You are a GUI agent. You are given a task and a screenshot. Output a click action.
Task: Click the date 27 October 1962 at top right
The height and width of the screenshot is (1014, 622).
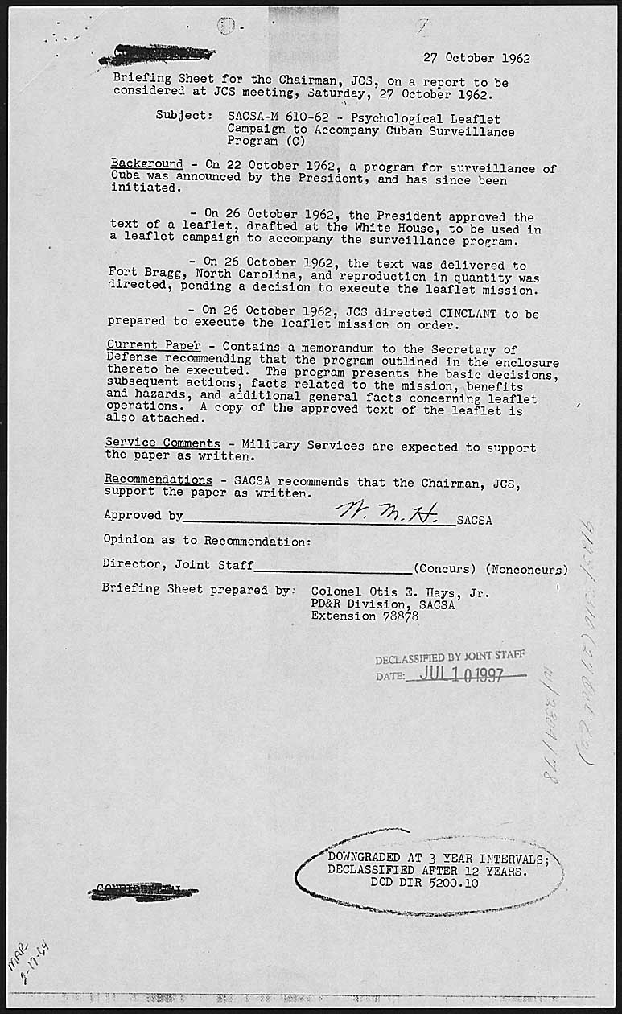pyautogui.click(x=476, y=58)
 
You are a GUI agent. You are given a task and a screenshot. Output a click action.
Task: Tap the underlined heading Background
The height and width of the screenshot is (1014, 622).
pyautogui.click(x=146, y=163)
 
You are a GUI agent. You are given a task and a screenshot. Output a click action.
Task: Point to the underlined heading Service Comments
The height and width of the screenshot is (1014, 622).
pyautogui.click(x=162, y=443)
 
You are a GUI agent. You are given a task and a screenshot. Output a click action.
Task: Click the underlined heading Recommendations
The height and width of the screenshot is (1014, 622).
pyautogui.click(x=158, y=480)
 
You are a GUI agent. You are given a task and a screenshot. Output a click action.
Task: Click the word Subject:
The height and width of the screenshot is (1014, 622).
pyautogui.click(x=184, y=115)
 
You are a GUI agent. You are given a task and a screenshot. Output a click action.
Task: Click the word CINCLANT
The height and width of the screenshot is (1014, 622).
pyautogui.click(x=467, y=313)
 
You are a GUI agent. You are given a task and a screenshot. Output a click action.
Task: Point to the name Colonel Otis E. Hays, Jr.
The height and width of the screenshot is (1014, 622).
pyautogui.click(x=400, y=593)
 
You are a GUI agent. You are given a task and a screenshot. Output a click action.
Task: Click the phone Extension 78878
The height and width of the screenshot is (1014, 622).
pyautogui.click(x=365, y=616)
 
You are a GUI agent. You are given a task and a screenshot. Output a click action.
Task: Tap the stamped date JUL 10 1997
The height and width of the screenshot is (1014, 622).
pyautogui.click(x=464, y=675)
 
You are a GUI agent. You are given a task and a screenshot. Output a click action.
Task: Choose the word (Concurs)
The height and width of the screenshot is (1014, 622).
pyautogui.click(x=444, y=569)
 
